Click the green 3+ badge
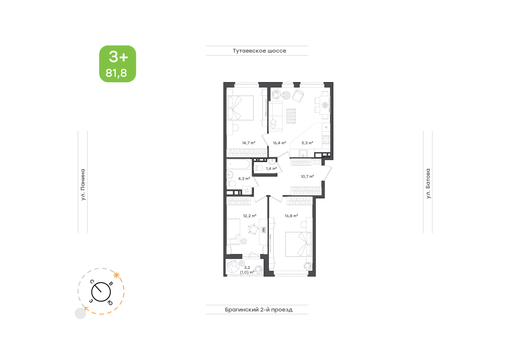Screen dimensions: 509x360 118,64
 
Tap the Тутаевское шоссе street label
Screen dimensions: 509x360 259,50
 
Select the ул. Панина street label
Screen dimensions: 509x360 83,184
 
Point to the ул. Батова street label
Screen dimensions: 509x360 428,183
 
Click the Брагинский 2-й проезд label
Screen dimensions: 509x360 259,310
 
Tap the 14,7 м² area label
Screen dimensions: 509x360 249,143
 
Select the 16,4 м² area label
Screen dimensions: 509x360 279,143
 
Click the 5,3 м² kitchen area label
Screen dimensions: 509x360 307,143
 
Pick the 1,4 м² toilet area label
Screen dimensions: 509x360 271,168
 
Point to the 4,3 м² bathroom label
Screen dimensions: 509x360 244,179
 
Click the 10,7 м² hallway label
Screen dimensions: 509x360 307,177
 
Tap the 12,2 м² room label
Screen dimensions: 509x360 250,215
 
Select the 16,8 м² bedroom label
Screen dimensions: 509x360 291,215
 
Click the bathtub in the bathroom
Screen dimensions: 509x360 238,164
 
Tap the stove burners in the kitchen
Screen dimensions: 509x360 326,140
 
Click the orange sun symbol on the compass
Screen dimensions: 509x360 117,276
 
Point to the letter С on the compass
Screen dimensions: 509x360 92,281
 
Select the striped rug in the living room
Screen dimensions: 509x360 291,116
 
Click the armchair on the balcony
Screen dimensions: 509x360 233,267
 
